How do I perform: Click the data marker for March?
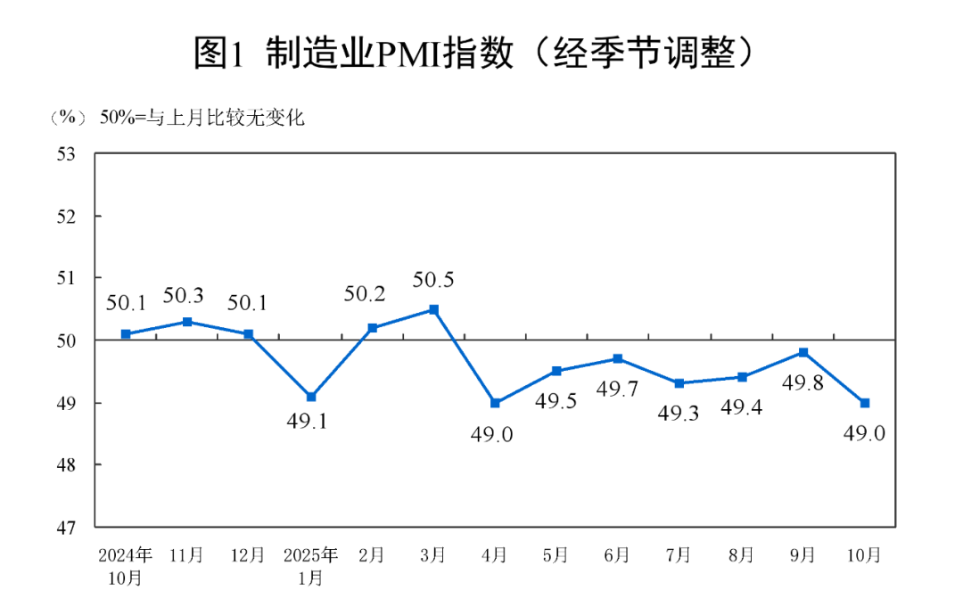tap(433, 309)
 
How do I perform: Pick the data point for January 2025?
tap(310, 397)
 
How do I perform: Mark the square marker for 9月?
tap(803, 353)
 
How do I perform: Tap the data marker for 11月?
tap(187, 322)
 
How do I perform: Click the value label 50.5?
tap(433, 280)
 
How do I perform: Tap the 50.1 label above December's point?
tap(248, 303)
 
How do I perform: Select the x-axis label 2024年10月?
tap(126, 565)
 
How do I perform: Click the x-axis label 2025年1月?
tap(310, 565)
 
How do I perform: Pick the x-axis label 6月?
tap(617, 554)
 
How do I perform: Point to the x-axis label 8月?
tap(741, 554)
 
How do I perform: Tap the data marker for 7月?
tap(679, 383)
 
